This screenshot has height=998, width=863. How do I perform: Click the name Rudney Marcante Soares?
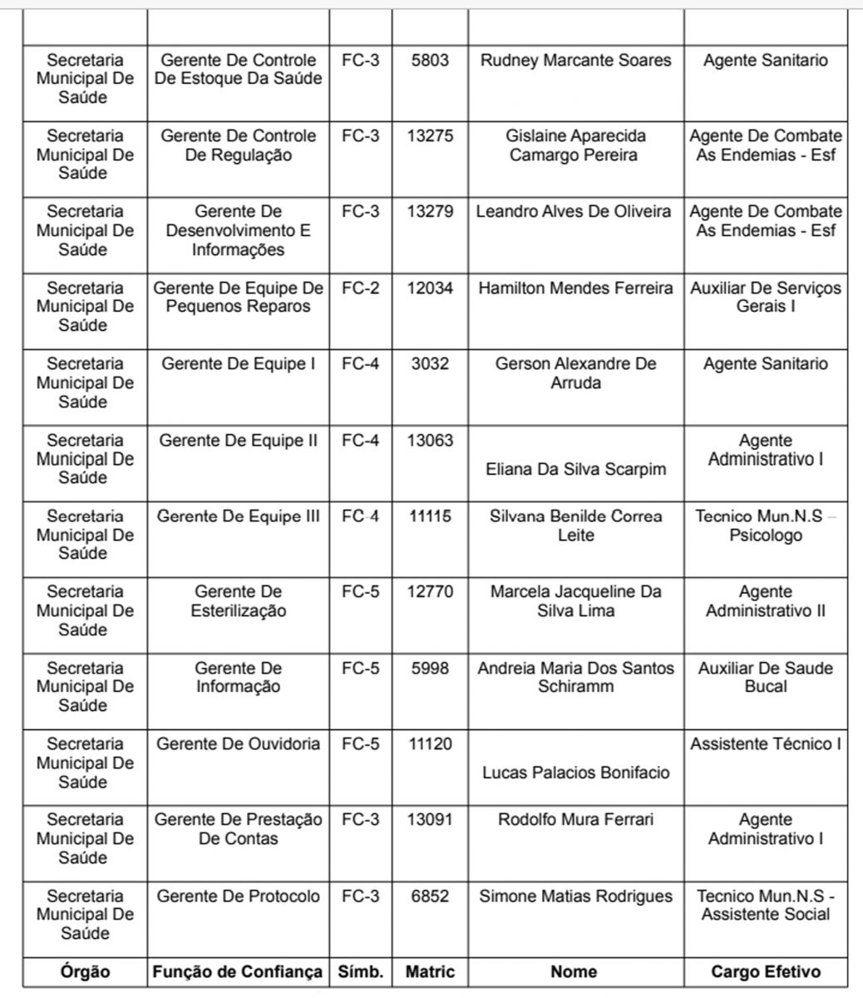(x=575, y=61)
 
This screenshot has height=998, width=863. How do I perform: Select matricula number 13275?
(x=430, y=136)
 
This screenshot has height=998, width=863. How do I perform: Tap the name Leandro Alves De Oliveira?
(x=574, y=212)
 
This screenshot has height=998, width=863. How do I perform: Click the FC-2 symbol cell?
(x=360, y=289)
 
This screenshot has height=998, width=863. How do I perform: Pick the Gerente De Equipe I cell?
(x=238, y=364)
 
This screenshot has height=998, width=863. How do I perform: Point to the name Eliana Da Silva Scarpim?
(x=575, y=469)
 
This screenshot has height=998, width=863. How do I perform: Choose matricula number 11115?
(x=430, y=516)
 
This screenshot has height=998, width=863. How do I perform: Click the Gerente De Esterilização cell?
(x=238, y=601)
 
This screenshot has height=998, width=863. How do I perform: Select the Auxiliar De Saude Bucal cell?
(x=765, y=677)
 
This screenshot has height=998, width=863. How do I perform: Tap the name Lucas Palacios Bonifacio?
(x=575, y=773)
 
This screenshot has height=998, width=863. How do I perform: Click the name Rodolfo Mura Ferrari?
(x=575, y=820)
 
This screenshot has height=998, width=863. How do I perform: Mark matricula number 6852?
(x=430, y=897)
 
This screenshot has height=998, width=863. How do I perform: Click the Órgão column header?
(x=85, y=971)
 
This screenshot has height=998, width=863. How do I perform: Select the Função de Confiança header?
(x=238, y=971)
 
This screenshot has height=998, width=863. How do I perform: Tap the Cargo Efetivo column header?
(x=765, y=971)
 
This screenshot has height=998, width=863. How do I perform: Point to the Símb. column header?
(x=360, y=971)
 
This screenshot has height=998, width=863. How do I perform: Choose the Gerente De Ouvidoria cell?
(x=238, y=744)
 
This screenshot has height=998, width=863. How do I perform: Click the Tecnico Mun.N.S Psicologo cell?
(x=765, y=526)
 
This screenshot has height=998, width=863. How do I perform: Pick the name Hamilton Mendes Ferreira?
(x=575, y=289)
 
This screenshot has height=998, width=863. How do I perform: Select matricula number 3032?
(x=430, y=364)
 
